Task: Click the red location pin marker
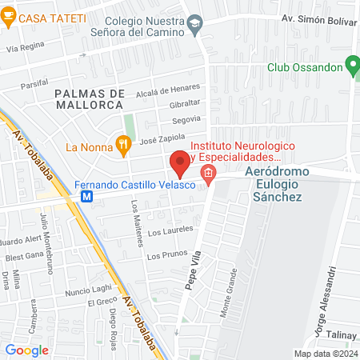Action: pos(180,162)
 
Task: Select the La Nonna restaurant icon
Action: pos(123,146)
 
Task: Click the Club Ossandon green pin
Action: pos(351,66)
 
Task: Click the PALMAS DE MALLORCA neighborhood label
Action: pos(90,100)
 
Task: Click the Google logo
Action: pos(26,350)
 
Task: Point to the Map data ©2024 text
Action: pos(325,354)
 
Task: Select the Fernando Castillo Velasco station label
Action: pos(135,186)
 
